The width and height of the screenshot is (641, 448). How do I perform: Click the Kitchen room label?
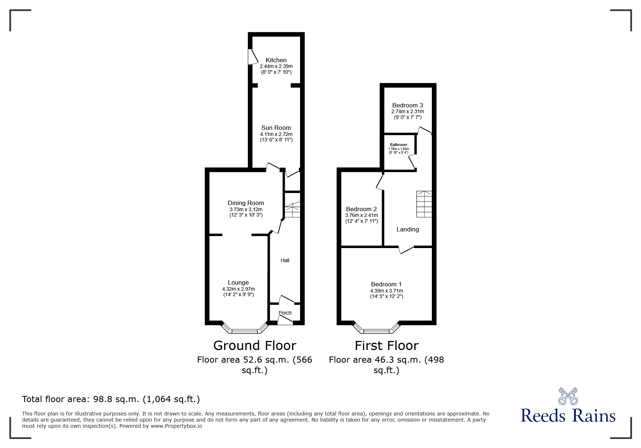pyautogui.click(x=276, y=60)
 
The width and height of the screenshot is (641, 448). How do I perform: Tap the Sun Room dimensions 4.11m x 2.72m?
pyautogui.click(x=276, y=134)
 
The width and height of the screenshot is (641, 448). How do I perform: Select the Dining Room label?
pyautogui.click(x=246, y=203)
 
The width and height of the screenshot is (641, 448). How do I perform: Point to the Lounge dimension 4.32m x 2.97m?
pyautogui.click(x=239, y=289)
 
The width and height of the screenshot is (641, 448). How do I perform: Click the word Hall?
pyautogui.click(x=285, y=260)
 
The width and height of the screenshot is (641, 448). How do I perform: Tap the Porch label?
pyautogui.click(x=285, y=313)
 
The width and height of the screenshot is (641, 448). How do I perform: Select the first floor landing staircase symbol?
pyautogui.click(x=424, y=204)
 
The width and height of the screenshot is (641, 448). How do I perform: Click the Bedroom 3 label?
pyautogui.click(x=408, y=105)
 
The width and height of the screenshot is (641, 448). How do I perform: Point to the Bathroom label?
pyautogui.click(x=398, y=145)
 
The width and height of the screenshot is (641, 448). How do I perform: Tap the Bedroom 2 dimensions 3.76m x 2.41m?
pyautogui.click(x=361, y=215)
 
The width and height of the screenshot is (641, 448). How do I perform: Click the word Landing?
pyautogui.click(x=408, y=229)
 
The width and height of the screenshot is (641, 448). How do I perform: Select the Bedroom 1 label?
pyautogui.click(x=386, y=284)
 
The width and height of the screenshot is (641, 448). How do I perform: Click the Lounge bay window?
pyautogui.click(x=245, y=330)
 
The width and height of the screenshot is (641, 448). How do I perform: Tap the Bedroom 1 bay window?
pyautogui.click(x=377, y=330)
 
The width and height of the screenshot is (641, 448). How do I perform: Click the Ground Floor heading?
pyautogui.click(x=254, y=346)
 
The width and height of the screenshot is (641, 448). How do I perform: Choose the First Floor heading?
pyautogui.click(x=386, y=346)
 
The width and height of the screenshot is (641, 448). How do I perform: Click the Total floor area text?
pyautogui.click(x=111, y=399)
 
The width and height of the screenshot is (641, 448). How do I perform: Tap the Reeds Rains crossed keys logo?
pyautogui.click(x=568, y=396)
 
